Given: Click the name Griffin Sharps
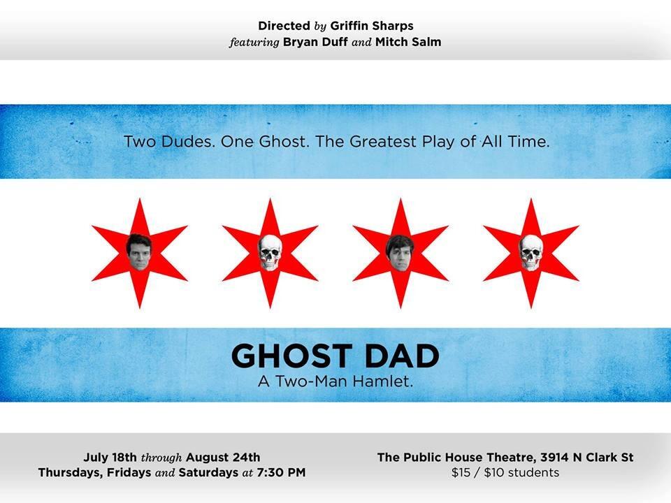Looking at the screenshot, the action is (x=372, y=26).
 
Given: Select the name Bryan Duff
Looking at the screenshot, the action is (x=315, y=42).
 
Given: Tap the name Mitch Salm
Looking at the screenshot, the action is (x=408, y=42).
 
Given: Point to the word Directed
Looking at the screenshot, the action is (x=284, y=26).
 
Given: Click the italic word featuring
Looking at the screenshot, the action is (x=254, y=43).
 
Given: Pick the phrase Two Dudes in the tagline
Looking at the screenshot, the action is (x=169, y=142).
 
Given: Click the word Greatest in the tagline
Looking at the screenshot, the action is (x=383, y=142).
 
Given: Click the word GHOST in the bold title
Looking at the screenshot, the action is (x=292, y=356).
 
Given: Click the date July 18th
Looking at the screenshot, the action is (x=110, y=457).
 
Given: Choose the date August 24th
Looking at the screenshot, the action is (x=223, y=458).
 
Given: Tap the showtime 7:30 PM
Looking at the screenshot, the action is (x=281, y=473).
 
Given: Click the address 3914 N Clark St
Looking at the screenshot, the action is (x=586, y=458).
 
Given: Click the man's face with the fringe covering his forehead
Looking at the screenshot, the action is (x=400, y=253).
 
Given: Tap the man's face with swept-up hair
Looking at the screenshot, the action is (x=139, y=252).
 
